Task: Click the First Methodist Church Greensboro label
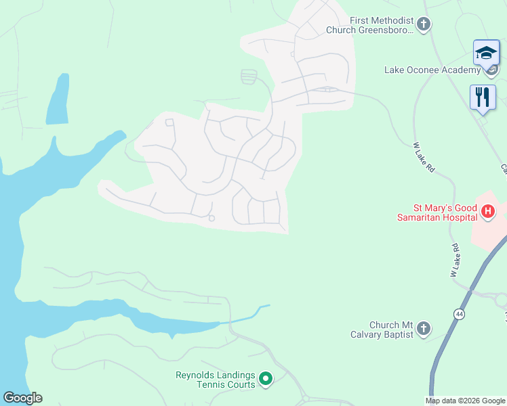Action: click(x=369, y=25)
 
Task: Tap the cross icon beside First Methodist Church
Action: click(x=424, y=25)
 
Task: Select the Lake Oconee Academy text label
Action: click(x=432, y=70)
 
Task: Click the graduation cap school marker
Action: click(x=486, y=53)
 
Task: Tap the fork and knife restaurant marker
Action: click(x=483, y=97)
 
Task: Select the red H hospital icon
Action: click(x=487, y=212)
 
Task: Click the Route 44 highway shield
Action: click(x=460, y=314)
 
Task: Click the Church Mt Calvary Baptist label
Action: click(x=391, y=330)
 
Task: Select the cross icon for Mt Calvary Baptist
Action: click(x=424, y=330)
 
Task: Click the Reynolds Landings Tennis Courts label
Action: click(x=216, y=380)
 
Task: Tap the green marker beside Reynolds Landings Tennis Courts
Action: click(x=266, y=380)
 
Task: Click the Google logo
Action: click(x=22, y=398)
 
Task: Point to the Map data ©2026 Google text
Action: click(x=465, y=401)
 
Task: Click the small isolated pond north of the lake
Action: click(x=58, y=101)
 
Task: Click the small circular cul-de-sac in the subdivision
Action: click(x=211, y=218)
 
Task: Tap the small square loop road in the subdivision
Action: click(x=169, y=122)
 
